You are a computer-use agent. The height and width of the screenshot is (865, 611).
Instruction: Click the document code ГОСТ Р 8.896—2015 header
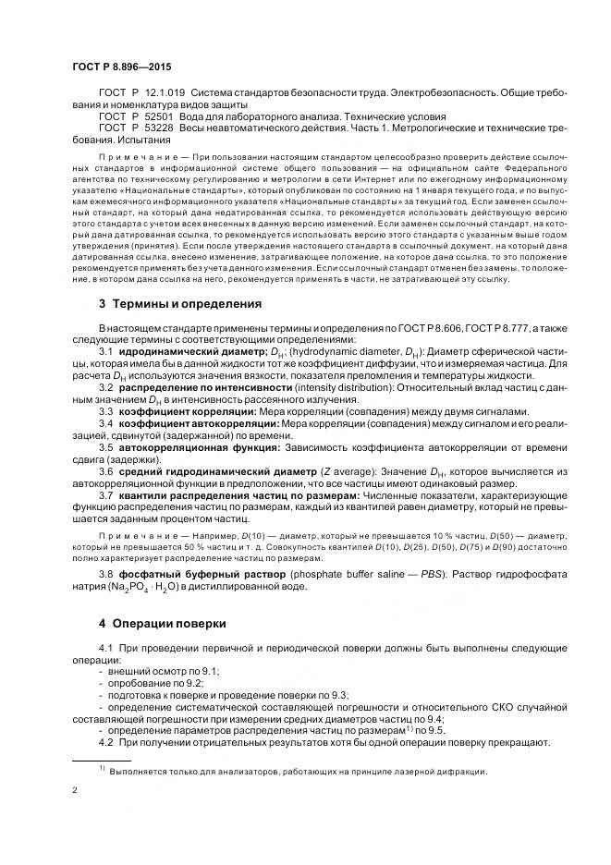click(x=121, y=67)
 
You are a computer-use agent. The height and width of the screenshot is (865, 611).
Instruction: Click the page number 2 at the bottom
click(x=75, y=791)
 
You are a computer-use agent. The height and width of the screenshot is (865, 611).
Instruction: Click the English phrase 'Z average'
click(x=349, y=471)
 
